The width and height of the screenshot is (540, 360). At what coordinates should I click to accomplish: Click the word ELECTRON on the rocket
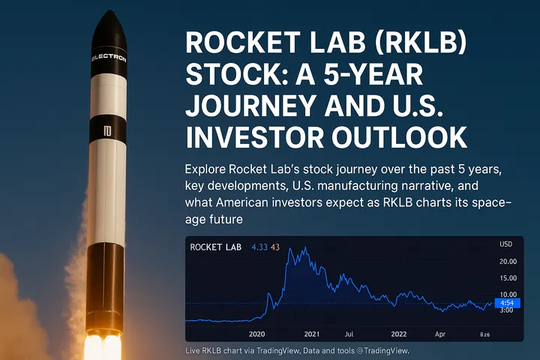click(109, 57)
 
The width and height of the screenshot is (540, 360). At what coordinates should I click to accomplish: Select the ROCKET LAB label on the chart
click(216, 247)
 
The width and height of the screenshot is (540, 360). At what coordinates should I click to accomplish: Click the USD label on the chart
click(506, 244)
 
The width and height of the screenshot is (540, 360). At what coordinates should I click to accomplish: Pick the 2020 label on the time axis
click(257, 333)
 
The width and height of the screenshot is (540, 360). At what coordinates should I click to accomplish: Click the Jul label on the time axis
click(349, 333)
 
